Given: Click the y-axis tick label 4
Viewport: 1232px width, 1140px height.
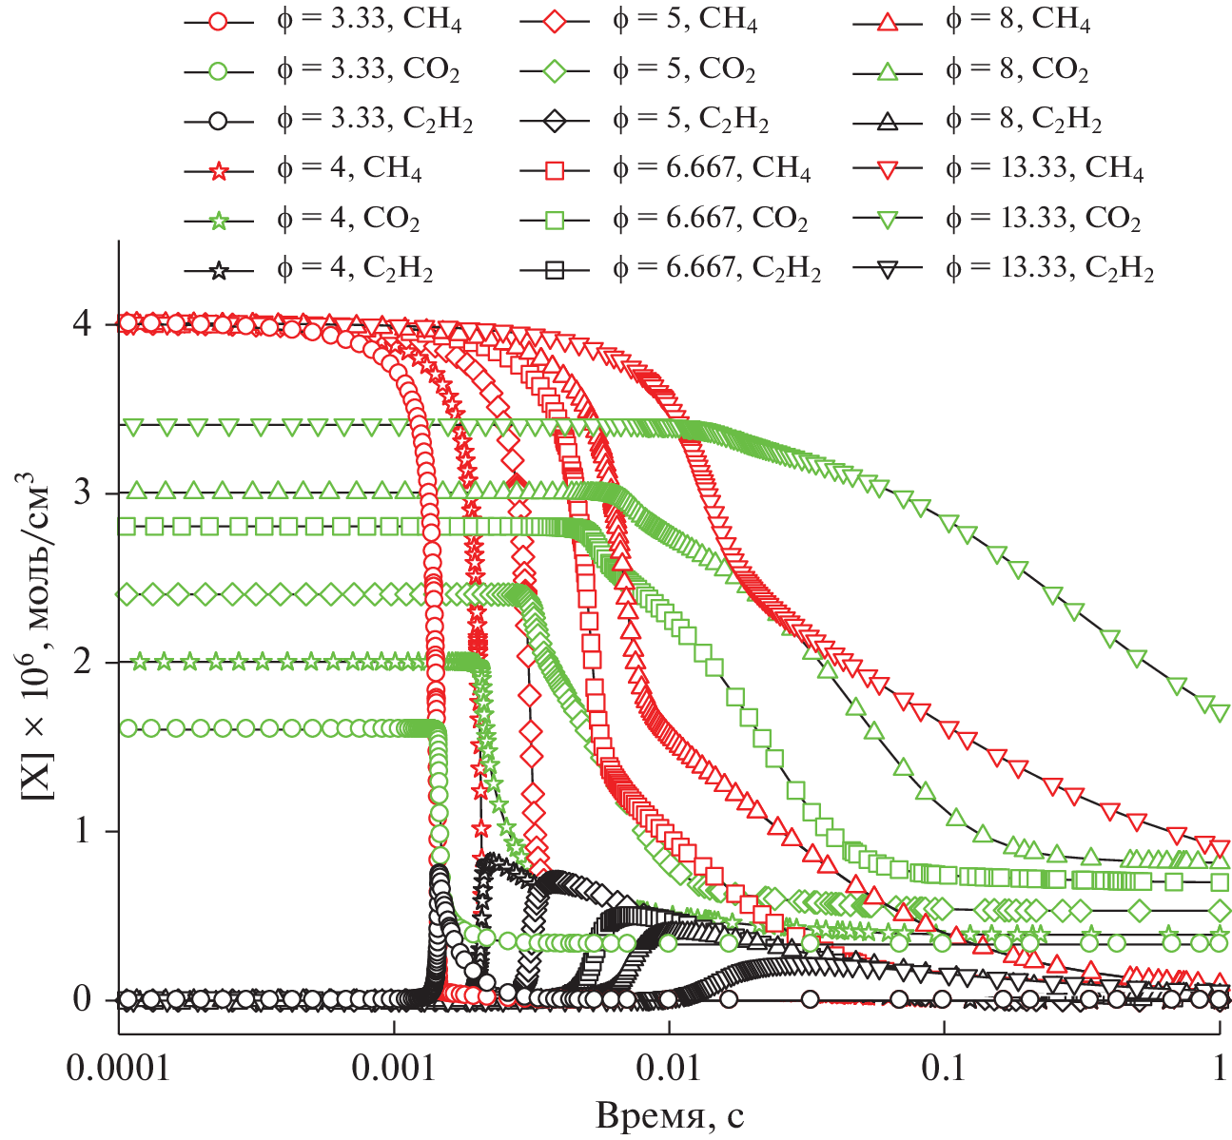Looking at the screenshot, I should [x=85, y=324].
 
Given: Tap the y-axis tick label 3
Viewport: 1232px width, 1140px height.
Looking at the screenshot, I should [x=85, y=493].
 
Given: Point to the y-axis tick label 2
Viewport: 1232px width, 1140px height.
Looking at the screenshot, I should [x=85, y=663].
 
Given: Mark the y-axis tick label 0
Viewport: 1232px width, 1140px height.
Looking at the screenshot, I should [x=85, y=1000].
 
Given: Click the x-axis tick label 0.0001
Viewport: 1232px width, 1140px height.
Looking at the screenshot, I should [x=118, y=1069].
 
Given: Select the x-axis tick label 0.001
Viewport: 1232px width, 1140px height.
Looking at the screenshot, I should [x=394, y=1069].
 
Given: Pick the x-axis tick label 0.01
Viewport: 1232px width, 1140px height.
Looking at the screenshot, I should [x=669, y=1069].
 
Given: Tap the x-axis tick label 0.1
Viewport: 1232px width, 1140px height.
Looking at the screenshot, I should [x=945, y=1069].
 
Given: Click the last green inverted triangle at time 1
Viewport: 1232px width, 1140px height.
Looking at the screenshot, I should [x=1220, y=711].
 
